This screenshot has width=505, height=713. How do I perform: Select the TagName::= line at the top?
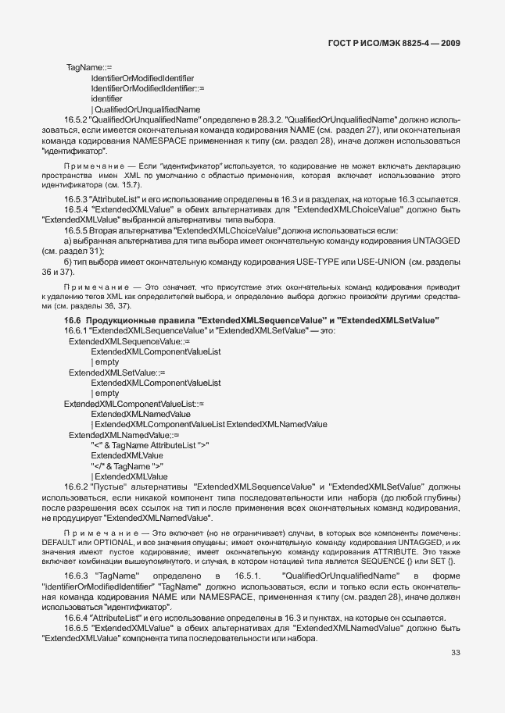pyautogui.click(x=89, y=69)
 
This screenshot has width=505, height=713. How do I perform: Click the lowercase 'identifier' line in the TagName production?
pyautogui.click(x=106, y=99)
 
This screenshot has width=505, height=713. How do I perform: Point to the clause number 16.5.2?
pyautogui.click(x=77, y=119)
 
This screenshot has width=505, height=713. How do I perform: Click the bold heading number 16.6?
pyautogui.click(x=51, y=321)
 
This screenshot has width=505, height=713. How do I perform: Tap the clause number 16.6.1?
pyautogui.click(x=77, y=331)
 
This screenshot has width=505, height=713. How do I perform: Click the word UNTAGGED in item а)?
pyautogui.click(x=435, y=241)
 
